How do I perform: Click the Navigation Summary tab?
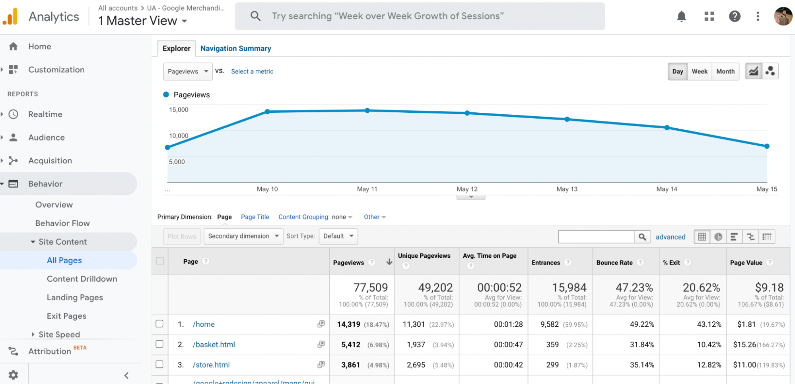(x=235, y=49)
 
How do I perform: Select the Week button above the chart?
(x=699, y=72)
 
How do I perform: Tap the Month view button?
(x=725, y=72)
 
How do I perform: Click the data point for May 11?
(x=367, y=110)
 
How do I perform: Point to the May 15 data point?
(x=767, y=146)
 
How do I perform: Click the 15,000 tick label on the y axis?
(x=179, y=110)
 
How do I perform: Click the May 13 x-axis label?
(x=567, y=189)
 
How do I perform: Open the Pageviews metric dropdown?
(x=188, y=72)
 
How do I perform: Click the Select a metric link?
(x=252, y=72)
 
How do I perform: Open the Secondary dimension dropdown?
(x=243, y=236)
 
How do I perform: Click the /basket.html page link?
(x=214, y=345)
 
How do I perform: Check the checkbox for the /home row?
(x=159, y=324)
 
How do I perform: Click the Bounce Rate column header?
(x=614, y=263)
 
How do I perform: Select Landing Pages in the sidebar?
(x=75, y=298)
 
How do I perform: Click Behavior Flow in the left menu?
(x=62, y=223)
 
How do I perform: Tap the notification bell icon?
(x=681, y=16)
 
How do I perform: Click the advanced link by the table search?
(x=670, y=237)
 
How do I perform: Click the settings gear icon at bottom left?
(x=13, y=375)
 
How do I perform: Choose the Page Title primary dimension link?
(x=255, y=217)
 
